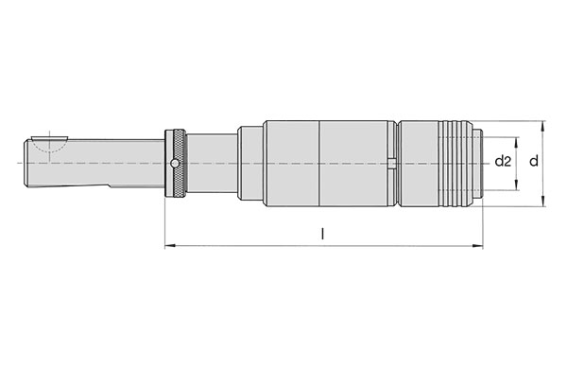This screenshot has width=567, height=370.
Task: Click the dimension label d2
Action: coord(503,161)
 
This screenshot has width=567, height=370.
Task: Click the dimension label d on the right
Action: coord(534,161)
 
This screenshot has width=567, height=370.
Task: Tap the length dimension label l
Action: coord(323,234)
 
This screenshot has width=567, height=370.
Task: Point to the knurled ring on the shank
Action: coord(176,164)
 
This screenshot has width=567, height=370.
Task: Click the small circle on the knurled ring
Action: coord(175,164)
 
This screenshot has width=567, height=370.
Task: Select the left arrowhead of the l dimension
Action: coord(170,246)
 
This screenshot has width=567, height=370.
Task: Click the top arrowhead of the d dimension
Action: coord(542,127)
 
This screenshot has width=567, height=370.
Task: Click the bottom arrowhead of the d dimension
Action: coord(542,201)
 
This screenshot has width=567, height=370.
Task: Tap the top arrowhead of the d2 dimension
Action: coord(516,143)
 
